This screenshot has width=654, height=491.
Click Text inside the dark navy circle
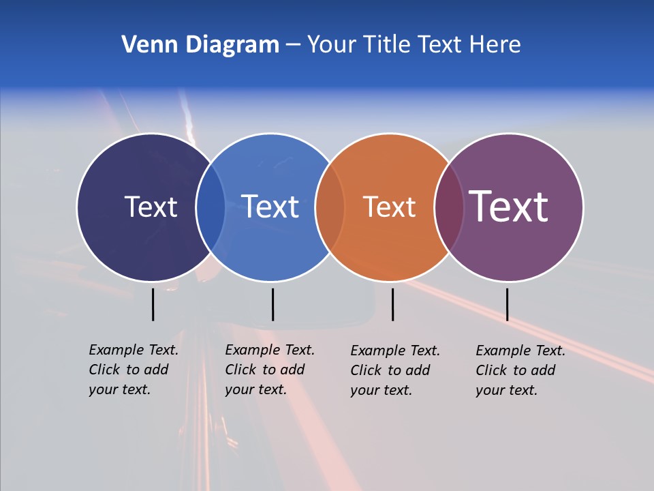pos(151,207)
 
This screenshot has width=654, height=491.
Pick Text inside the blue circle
pos(270,207)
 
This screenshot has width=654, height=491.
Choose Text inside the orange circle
pos(390,207)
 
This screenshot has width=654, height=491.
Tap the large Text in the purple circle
pos(509,206)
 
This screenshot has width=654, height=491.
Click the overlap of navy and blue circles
pos(211,207)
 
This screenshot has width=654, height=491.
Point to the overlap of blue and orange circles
pos(330,207)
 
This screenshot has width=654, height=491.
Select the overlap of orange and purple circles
pos(449,207)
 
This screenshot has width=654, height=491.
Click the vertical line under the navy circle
pos(153,304)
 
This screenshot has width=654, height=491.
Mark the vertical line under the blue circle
pos(272,304)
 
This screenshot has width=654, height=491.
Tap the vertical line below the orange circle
pos(392,304)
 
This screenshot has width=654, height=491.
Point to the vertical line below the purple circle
pos(507,304)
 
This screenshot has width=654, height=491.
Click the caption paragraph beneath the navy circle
pos(134,370)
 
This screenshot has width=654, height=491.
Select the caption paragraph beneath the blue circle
pos(270,370)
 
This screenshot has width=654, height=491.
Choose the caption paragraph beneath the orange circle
pos(395,370)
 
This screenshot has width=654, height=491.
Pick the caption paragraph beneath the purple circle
pos(520,370)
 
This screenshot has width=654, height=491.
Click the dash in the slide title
pos(293,46)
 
